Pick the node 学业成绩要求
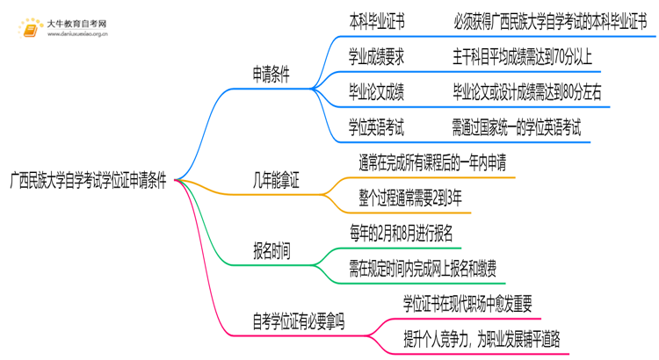(377, 57)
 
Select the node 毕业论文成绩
(377, 91)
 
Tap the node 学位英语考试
(377, 126)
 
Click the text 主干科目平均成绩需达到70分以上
(523, 57)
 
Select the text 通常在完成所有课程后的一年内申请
(431, 162)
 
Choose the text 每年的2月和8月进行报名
(401, 233)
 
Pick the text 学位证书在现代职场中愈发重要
(467, 303)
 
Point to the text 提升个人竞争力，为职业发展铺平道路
(481, 339)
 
